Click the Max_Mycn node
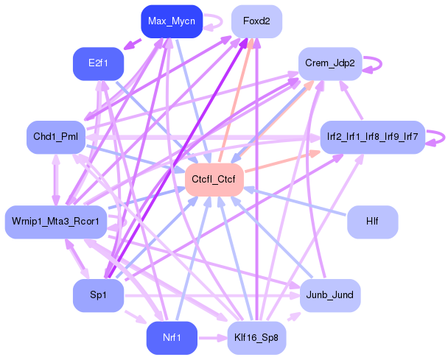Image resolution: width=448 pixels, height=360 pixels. coord(171,21)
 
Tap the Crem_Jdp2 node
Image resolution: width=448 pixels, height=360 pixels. coord(329,63)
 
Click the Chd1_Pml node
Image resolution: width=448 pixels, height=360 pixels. coord(55,137)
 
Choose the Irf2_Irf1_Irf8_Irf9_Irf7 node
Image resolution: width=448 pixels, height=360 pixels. coord(372,137)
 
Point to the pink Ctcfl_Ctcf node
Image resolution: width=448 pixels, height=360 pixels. coord(214,179)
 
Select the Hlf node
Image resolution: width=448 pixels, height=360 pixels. coord(372,221)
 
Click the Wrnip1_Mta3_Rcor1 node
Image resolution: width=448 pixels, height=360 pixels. coord(55,221)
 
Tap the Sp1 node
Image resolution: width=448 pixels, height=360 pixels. coord(97,295)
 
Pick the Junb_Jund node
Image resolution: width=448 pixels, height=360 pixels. coord(329,295)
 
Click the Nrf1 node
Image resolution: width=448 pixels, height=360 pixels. coord(171,337)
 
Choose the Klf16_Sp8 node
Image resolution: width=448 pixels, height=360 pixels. coord(256,337)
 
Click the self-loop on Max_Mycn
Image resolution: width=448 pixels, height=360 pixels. coord(214,21)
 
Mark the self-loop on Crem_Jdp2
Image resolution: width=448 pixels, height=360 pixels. coord(373,63)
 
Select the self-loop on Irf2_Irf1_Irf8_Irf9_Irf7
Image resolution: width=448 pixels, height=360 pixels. coord(438,137)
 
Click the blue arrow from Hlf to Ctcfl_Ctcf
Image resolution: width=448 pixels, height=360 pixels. coord(295,200)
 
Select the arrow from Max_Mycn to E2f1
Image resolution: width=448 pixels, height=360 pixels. coord(133,43)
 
